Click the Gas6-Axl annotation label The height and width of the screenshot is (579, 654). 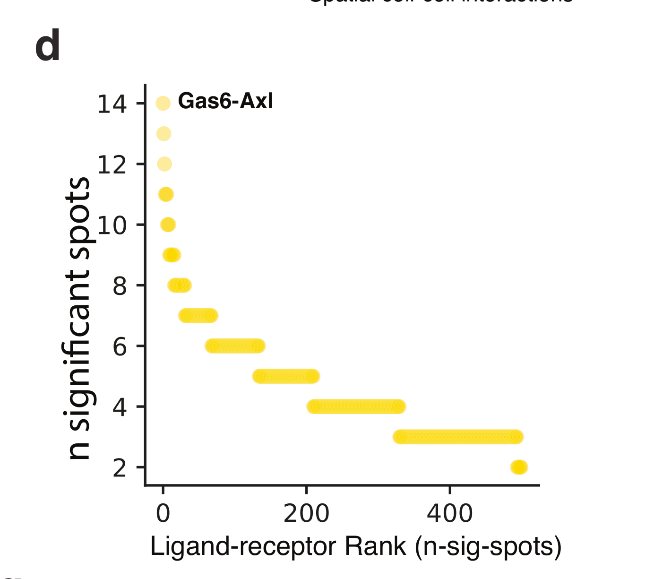225,102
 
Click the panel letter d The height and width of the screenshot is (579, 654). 48,47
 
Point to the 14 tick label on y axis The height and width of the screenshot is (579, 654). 112,104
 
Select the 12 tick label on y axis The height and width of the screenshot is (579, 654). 112,164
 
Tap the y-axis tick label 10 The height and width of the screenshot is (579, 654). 112,225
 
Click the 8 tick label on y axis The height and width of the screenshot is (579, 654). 120,286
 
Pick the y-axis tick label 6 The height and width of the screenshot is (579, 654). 120,346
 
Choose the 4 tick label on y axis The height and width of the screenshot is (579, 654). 120,407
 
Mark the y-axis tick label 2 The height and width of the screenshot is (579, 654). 120,468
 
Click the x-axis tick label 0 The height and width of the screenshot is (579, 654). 163,513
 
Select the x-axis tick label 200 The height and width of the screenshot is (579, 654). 306,513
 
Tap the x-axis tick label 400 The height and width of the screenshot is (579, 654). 449,513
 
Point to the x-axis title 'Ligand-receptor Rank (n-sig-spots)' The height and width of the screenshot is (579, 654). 355,547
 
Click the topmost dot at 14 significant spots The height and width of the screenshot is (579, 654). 163,103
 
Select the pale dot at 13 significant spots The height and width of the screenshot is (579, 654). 163,134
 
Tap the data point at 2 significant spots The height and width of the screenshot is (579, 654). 519,467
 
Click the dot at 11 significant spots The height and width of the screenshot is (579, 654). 166,194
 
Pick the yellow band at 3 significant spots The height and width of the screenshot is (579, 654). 458,437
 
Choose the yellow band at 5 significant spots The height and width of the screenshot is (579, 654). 286,377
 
